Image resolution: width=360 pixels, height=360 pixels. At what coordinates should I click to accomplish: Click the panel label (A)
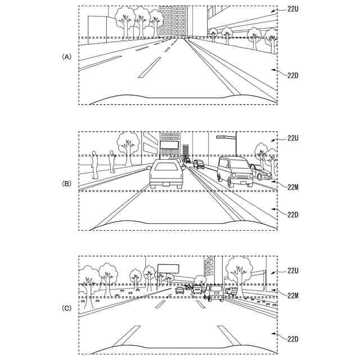coord(66,57)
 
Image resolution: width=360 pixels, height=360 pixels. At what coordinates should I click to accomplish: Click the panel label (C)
coord(66,308)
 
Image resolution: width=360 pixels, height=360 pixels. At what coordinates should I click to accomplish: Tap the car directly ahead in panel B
coord(166,174)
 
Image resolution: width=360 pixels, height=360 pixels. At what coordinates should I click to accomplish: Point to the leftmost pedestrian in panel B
coord(94,163)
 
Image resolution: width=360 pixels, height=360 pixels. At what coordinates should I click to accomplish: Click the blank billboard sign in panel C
coord(169,268)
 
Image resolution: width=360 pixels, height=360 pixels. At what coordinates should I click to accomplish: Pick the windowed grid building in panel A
coord(173,21)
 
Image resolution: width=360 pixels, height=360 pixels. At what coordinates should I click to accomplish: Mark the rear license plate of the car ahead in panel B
coord(166,181)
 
